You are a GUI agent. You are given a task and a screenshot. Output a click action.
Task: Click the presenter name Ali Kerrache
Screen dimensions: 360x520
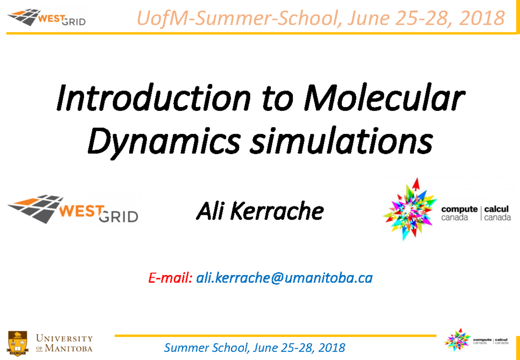tap(260, 211)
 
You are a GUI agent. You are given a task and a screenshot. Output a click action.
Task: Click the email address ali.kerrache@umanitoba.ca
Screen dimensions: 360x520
tap(284, 278)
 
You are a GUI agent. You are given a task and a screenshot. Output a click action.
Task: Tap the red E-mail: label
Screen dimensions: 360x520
tap(170, 278)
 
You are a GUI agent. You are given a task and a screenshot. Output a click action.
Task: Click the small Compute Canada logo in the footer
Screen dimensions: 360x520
tap(477, 340)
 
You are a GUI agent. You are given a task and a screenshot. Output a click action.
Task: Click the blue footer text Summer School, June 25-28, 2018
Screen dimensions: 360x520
tap(255, 347)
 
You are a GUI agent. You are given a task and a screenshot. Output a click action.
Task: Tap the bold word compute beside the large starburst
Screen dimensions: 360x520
tap(459, 209)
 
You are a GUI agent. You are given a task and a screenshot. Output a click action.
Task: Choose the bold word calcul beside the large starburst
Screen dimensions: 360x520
tap(497, 209)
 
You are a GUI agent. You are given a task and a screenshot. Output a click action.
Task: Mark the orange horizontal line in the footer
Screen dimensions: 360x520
tap(275, 335)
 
